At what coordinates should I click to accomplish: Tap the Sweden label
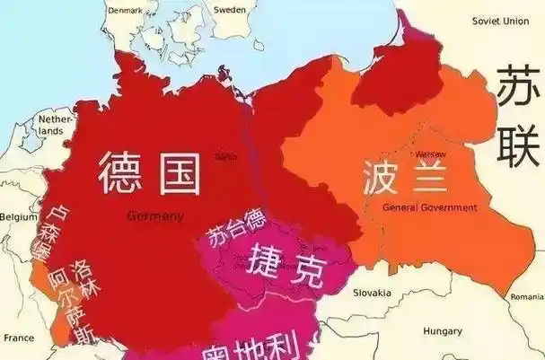[229, 9]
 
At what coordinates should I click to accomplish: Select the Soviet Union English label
[502, 21]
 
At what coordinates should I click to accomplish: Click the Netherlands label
[55, 125]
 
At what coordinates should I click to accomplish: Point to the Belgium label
[19, 217]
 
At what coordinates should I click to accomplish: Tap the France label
[18, 338]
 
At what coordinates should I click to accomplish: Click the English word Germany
[155, 216]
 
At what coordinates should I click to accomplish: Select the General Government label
[429, 207]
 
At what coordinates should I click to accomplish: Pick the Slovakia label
[372, 293]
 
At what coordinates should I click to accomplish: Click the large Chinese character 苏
[518, 89]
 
